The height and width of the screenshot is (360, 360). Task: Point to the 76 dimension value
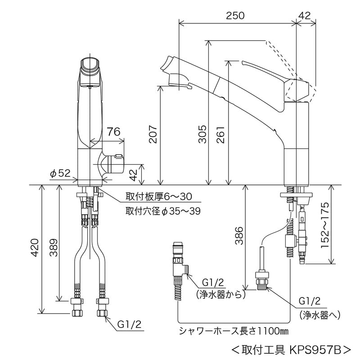coord(113,131)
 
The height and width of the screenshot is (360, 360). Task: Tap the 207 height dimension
coord(153,134)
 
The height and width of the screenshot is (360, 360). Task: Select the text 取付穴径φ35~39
coord(163,210)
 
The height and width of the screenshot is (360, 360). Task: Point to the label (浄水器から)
coord(220,295)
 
